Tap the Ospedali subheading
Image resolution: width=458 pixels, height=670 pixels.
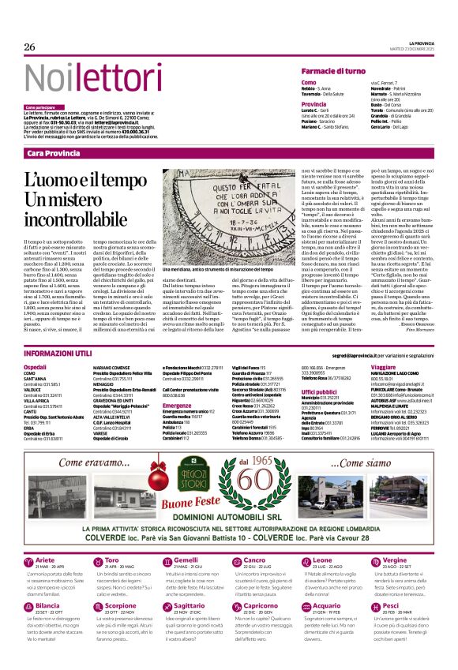click(36, 368)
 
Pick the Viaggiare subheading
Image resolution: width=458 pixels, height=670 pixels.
click(383, 368)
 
